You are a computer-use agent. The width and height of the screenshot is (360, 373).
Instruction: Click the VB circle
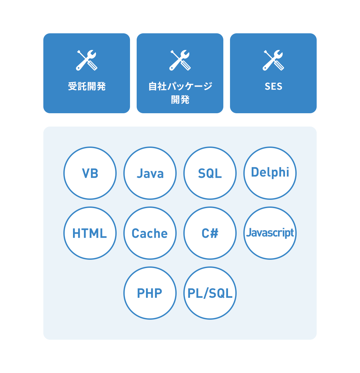point(90,173)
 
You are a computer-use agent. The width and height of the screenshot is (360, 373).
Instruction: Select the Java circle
point(150,173)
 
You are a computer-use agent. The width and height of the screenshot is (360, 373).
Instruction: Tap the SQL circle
point(210,173)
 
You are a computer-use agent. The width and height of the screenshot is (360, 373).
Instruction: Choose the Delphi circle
point(270,173)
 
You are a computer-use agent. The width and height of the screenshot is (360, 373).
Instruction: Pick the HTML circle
point(90,233)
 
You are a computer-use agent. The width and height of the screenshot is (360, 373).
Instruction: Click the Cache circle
point(150,233)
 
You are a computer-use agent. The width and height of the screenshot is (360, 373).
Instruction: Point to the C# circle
point(210,233)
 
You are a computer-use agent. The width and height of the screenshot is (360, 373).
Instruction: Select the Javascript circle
point(270,233)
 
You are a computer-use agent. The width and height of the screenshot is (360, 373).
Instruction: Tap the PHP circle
point(150,293)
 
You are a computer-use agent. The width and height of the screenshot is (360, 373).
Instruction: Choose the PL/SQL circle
point(210,293)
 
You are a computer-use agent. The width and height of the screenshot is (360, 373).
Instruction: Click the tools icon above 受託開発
point(87,60)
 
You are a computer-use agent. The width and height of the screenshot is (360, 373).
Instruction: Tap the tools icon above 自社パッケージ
point(180,60)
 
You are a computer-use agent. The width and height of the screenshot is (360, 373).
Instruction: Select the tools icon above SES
point(273,60)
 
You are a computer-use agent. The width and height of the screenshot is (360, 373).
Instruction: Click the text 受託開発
point(87,86)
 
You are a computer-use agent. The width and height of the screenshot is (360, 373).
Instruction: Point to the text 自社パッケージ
point(180,86)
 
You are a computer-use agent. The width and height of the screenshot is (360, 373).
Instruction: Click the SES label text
point(273,86)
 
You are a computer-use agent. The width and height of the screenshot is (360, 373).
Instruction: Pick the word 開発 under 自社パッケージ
point(180,100)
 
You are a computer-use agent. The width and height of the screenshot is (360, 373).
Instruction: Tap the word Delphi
point(270,172)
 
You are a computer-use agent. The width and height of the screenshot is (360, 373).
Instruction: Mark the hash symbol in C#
point(214,233)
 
